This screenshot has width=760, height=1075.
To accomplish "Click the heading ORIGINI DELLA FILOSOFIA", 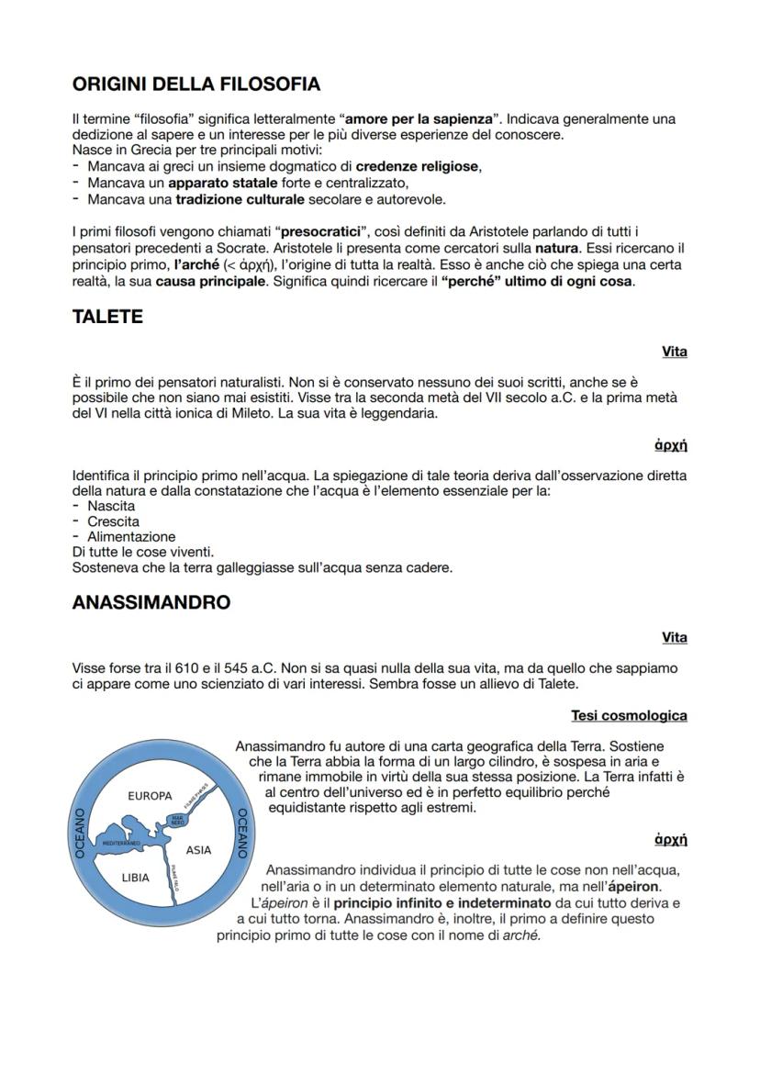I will tap(196, 84).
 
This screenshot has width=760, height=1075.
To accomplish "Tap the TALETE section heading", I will tap(107, 317).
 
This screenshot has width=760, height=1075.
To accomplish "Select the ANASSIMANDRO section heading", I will tap(151, 602).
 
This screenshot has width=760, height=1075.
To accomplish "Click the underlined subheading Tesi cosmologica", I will tap(629, 715).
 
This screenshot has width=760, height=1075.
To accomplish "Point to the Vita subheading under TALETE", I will tap(675, 352).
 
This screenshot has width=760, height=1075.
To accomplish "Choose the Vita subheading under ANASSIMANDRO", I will tap(675, 637).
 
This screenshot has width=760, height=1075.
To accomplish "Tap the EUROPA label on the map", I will tap(150, 795).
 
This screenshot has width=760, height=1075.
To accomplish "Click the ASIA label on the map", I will tap(198, 850).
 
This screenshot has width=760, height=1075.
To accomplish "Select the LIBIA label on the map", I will tap(136, 878).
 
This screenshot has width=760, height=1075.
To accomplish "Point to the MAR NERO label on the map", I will tap(178, 821).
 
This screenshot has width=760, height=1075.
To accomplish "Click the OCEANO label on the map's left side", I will tap(80, 834).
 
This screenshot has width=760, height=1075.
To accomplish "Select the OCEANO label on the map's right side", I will tap(242, 833).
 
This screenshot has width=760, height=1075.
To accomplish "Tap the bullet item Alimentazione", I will tap(131, 536).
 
